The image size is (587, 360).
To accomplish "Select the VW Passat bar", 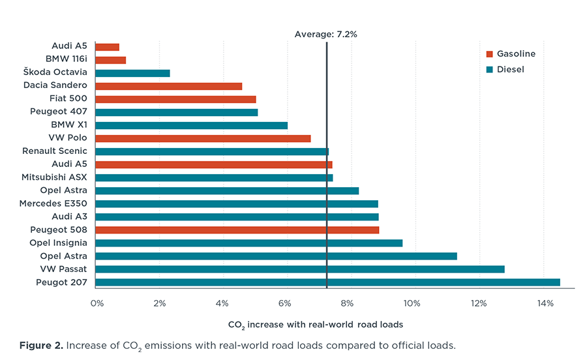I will tap(299, 269).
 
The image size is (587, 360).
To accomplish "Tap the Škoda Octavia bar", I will tap(132, 73).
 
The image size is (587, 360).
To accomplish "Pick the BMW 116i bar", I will tap(110, 60).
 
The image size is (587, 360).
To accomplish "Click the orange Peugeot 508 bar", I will tap(237, 230).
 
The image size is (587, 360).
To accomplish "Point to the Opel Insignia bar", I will tap(248, 243).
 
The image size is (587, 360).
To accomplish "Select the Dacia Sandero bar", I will tap(168, 86).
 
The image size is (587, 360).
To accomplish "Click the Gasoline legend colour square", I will tap(490, 54).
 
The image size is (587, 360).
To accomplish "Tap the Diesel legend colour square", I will tap(490, 69).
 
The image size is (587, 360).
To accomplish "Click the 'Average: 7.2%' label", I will tap(325, 35).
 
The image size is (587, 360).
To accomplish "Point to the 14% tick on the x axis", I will tap(545, 303).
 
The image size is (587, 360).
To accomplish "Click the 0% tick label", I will tap(97, 303).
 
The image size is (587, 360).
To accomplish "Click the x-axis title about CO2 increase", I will tap(316, 324).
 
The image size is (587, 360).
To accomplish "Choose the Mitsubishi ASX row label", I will tap(54, 177).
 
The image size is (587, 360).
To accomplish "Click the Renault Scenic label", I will tap(55, 151).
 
